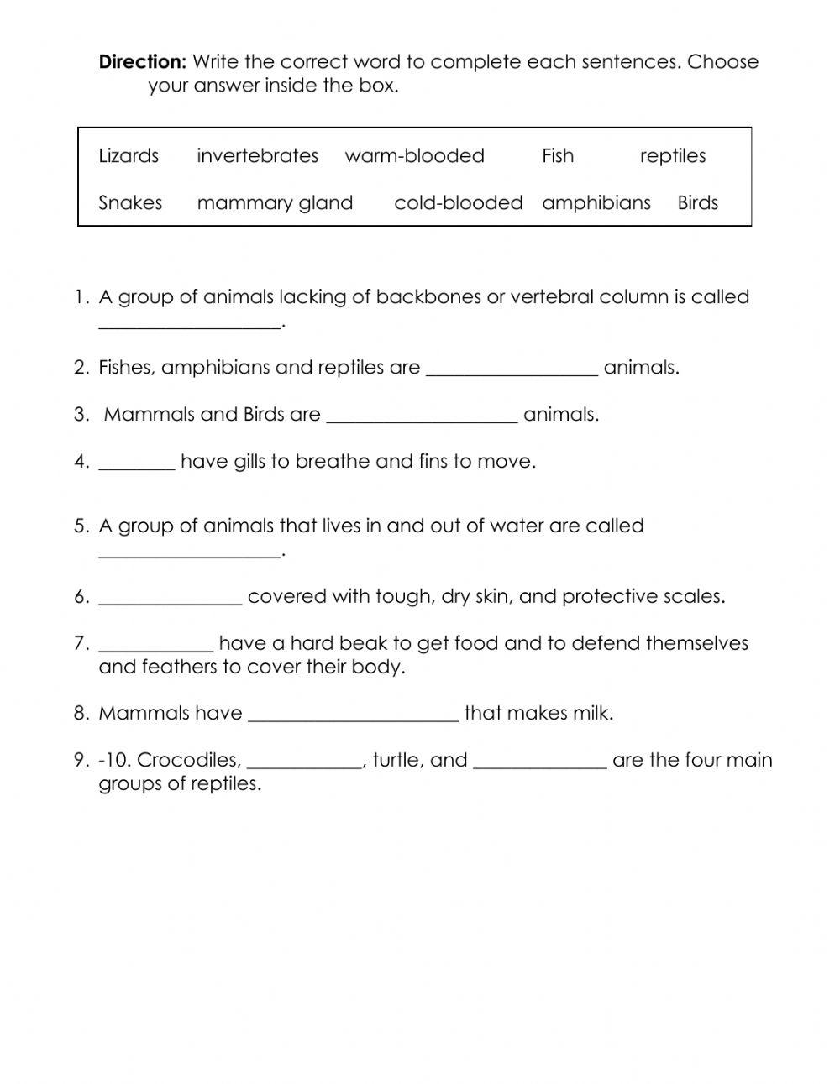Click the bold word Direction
point(142,62)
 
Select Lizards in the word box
point(129,156)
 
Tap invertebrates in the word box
point(257,156)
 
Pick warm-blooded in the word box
point(414,156)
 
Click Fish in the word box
point(558,156)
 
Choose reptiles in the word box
point(672,156)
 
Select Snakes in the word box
point(130,203)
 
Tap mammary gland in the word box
point(275,203)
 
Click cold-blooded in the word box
point(458,203)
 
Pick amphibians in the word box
point(596,203)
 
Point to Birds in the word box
point(698,203)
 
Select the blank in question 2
point(512,371)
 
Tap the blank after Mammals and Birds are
point(421,418)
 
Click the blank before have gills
point(137,465)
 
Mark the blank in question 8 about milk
point(354,717)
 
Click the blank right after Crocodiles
point(305,764)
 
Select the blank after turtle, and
point(540,764)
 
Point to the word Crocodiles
point(189,760)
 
